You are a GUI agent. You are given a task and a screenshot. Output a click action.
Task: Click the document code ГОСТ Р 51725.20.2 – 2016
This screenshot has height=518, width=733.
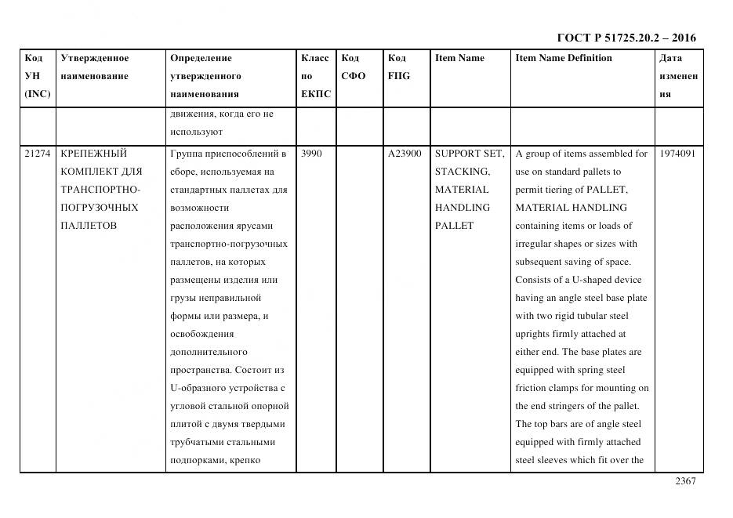click(x=626, y=38)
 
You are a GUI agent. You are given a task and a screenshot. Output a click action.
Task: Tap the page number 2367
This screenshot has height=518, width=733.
click(x=685, y=482)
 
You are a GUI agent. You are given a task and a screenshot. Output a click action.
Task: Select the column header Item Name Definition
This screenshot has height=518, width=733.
click(x=564, y=58)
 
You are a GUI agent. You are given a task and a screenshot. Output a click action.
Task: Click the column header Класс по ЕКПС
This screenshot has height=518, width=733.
click(x=315, y=76)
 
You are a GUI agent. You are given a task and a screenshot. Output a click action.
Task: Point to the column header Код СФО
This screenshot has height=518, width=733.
click(x=353, y=67)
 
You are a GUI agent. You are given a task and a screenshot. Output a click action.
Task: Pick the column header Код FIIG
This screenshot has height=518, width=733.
click(x=398, y=67)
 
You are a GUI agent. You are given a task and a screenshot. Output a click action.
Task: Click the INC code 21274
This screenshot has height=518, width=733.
click(x=37, y=154)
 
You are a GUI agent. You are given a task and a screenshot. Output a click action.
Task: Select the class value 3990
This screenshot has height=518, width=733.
click(x=311, y=154)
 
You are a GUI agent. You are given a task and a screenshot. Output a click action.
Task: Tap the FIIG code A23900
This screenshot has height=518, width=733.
click(x=405, y=154)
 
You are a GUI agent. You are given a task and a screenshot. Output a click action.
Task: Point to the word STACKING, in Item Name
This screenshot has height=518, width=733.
click(x=463, y=172)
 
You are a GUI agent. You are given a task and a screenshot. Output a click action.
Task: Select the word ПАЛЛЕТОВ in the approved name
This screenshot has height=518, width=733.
click(x=89, y=226)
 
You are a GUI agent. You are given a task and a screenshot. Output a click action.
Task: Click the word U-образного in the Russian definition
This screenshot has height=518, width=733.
click(x=199, y=388)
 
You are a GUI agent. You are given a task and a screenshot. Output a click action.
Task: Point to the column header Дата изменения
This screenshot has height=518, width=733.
click(x=678, y=76)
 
